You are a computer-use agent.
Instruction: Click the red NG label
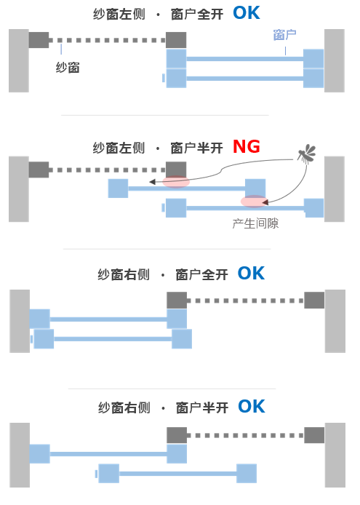click(x=247, y=147)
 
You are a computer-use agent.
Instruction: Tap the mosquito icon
click(x=307, y=154)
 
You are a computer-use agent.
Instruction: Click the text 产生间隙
click(x=255, y=223)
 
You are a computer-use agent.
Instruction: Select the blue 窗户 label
click(x=284, y=35)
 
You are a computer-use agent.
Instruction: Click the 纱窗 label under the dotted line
click(x=68, y=68)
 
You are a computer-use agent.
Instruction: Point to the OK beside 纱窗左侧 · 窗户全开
click(x=247, y=13)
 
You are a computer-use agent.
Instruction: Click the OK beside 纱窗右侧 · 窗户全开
click(x=251, y=274)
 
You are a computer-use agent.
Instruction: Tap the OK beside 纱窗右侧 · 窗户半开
click(x=252, y=407)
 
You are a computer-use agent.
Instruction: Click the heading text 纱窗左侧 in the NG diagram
click(x=119, y=148)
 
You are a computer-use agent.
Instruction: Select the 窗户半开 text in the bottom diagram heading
click(x=202, y=407)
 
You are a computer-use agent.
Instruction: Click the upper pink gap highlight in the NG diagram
click(x=176, y=182)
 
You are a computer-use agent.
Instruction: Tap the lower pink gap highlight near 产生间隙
click(x=254, y=202)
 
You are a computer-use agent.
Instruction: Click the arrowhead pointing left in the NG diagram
click(x=153, y=182)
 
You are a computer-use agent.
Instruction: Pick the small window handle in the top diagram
click(x=164, y=78)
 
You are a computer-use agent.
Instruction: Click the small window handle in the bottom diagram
click(x=96, y=474)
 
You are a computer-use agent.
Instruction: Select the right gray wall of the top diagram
click(x=335, y=60)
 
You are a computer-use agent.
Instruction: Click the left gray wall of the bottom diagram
click(x=20, y=455)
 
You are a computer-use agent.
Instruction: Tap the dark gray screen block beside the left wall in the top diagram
click(x=39, y=40)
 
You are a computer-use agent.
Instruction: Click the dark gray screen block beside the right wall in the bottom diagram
click(x=314, y=435)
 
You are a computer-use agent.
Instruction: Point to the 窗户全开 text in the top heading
click(x=197, y=15)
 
